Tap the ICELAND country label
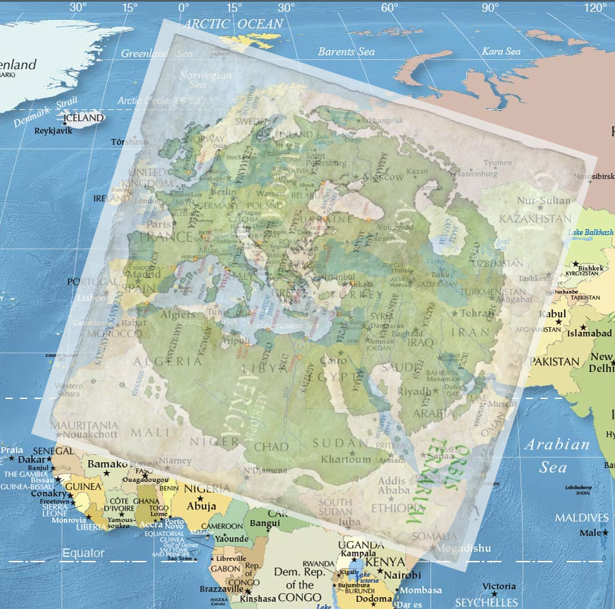(84, 118)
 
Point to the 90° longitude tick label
(490, 8)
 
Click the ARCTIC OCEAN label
(233, 24)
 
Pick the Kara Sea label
(501, 51)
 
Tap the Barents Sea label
(346, 52)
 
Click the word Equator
(83, 553)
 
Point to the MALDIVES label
(581, 517)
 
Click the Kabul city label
(552, 314)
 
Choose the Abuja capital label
(201, 506)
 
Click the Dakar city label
(32, 460)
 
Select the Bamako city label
(107, 464)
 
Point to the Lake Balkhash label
(590, 232)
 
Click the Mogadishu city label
(464, 548)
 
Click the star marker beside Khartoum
(351, 453)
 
